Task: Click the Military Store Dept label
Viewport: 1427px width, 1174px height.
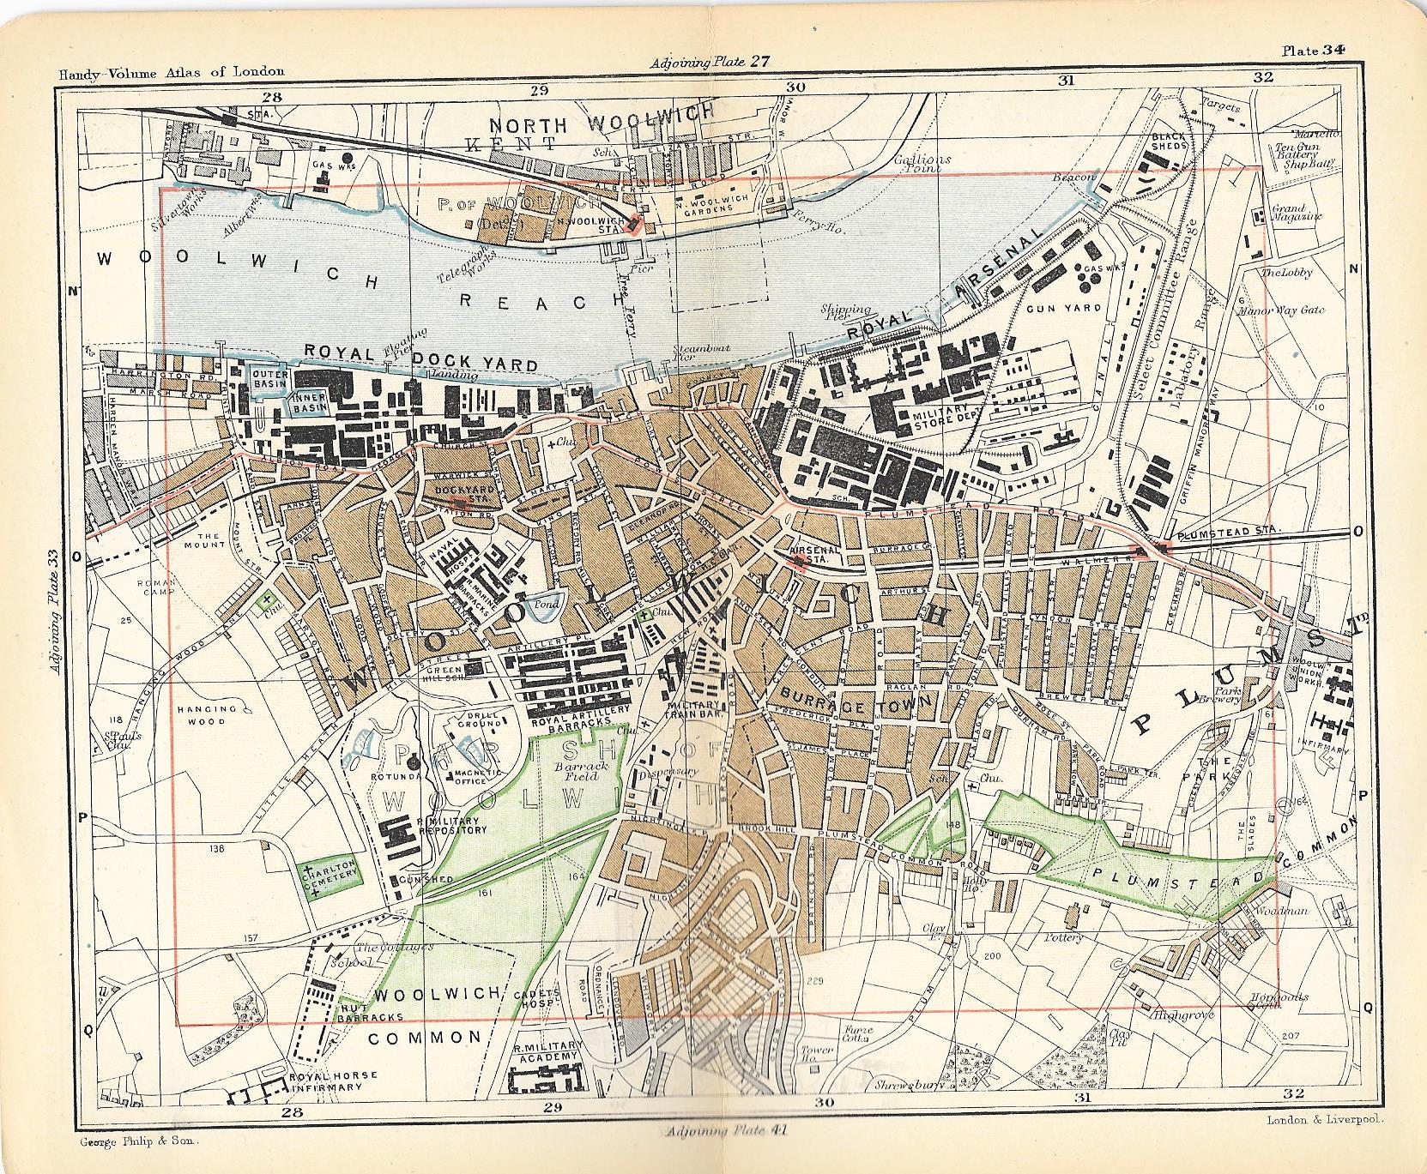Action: point(943,413)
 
